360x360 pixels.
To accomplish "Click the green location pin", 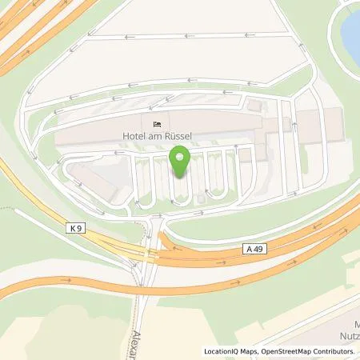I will (180, 162).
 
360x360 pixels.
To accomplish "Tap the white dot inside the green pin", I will (180, 156).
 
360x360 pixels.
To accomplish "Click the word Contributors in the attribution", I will (336, 352).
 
